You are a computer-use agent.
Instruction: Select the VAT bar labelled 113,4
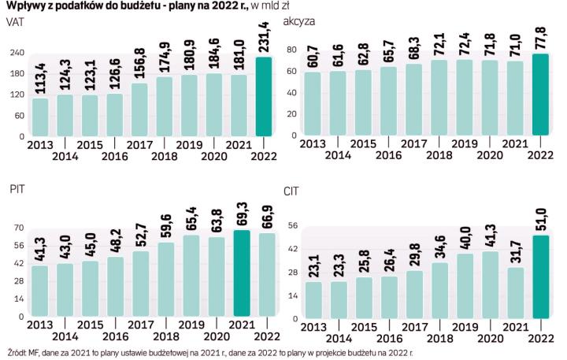tap(40, 117)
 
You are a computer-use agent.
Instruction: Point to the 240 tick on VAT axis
tap(13, 52)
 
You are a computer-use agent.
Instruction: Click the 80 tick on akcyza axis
tap(291, 50)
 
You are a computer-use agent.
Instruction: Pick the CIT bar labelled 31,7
tap(515, 292)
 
